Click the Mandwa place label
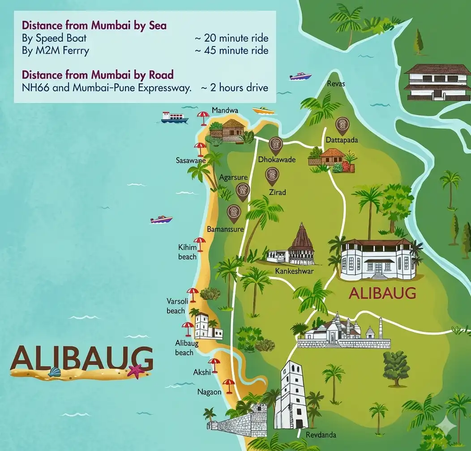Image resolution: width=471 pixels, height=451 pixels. click(x=225, y=110)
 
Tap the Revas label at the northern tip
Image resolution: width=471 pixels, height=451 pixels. click(x=336, y=84)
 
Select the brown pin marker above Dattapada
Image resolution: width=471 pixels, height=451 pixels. click(x=343, y=125)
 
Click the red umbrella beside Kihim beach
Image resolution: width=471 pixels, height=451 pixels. click(x=199, y=243)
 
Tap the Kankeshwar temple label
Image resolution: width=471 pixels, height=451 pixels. click(x=294, y=271)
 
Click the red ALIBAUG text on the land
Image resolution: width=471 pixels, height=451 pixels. click(x=382, y=294)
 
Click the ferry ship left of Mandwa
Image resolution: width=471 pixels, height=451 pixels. click(x=174, y=117)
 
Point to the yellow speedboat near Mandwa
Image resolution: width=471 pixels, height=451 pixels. click(x=263, y=110)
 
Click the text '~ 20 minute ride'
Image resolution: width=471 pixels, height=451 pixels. click(x=231, y=38)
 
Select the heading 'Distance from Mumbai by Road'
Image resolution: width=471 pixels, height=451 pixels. click(x=98, y=74)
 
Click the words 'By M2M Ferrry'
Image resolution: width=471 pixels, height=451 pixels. click(x=56, y=51)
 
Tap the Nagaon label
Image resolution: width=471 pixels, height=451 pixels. click(x=210, y=392)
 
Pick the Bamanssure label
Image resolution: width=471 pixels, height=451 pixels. click(x=225, y=230)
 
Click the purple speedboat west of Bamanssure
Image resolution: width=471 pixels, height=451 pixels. click(x=162, y=220)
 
